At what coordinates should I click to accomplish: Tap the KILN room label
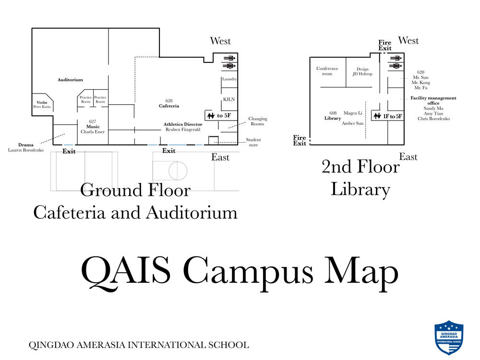click(228, 99)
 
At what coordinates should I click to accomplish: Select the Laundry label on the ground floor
click(229, 79)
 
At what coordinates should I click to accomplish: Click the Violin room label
click(41, 103)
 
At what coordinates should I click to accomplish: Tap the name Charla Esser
click(93, 132)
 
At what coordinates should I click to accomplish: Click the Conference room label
click(327, 71)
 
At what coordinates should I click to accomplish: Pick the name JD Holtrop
click(362, 74)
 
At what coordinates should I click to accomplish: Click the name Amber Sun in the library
click(353, 123)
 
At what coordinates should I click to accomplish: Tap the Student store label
click(253, 142)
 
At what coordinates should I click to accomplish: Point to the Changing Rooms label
click(258, 121)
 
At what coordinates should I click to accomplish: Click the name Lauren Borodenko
click(26, 150)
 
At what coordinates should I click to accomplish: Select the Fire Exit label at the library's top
click(385, 46)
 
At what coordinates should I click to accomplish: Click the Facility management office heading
click(433, 100)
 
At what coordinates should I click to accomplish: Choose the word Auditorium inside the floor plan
click(71, 80)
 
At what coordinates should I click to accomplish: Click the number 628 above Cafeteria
click(169, 101)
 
